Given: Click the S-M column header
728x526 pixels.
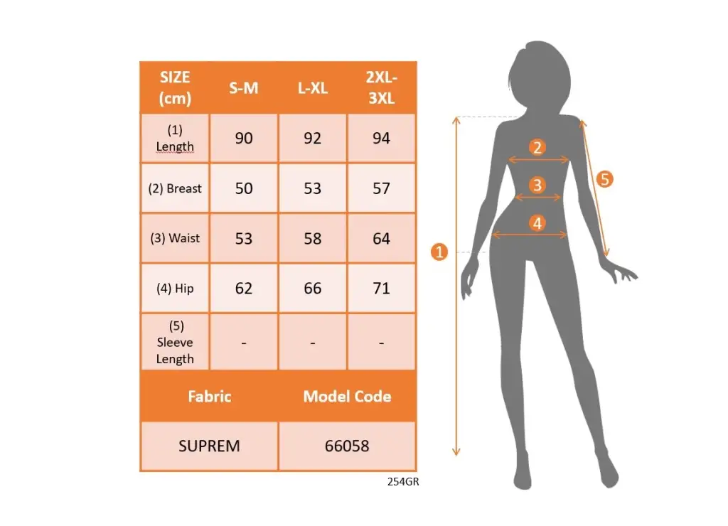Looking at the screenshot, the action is point(244,87).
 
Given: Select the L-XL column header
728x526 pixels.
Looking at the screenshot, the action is point(313,87).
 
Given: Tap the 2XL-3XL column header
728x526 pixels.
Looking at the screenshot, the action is point(381,87).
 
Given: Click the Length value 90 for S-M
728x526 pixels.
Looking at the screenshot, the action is point(244,138).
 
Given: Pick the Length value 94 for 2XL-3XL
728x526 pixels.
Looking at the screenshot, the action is point(381,138).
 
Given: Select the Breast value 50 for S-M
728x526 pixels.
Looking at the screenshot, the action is point(244,188).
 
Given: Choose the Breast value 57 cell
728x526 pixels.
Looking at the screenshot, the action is point(381,188).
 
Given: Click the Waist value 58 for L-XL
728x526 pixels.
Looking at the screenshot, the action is point(313,238).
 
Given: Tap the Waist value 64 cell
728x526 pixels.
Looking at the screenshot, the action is point(381,238).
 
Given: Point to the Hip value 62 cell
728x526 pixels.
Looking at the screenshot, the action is point(244,288).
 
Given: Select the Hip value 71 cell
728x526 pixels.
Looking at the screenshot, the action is point(381,288).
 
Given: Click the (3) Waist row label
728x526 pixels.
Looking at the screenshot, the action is point(175,238).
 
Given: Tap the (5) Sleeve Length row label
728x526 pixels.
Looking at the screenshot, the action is point(175,342).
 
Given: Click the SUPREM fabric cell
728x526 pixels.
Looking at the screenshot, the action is point(210,446).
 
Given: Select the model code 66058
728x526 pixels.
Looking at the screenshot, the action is point(347,446).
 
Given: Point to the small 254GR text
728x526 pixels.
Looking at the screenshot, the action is point(403,481).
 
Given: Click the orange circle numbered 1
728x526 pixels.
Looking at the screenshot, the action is point(439,252).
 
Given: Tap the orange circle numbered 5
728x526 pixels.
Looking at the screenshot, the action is point(604,179).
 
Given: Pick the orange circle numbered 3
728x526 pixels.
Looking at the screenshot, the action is point(537,186).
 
